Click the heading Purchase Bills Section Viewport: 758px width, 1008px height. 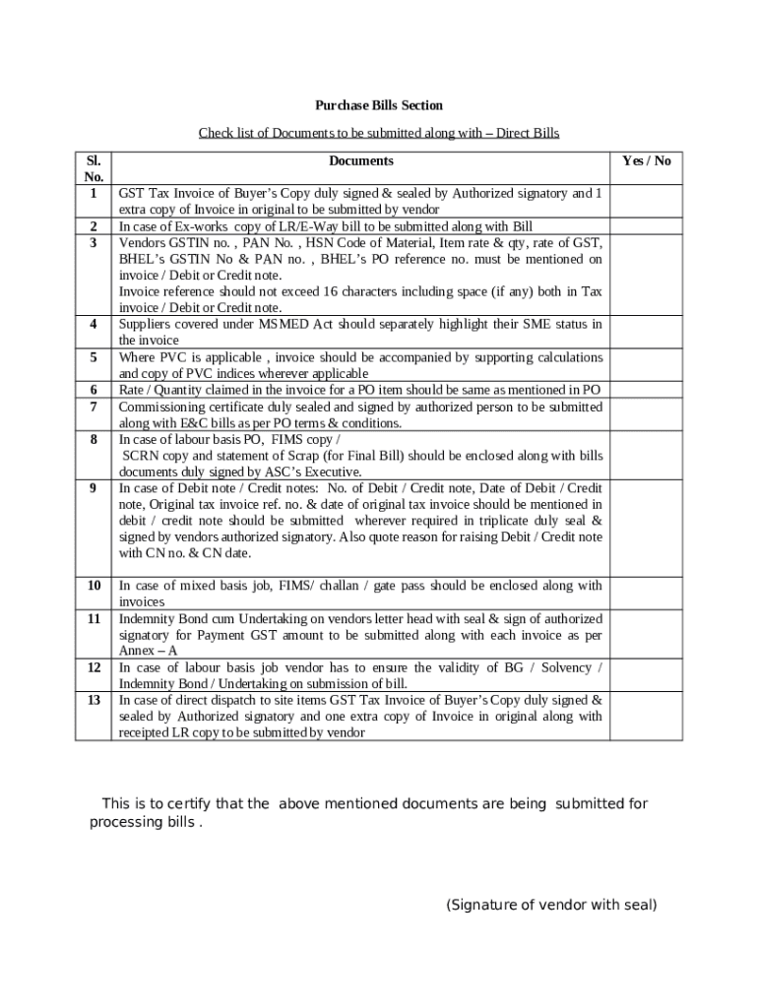(x=379, y=105)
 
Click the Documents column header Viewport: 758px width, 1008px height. (x=360, y=160)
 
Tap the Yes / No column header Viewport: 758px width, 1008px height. (x=647, y=160)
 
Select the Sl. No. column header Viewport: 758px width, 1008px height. (x=94, y=168)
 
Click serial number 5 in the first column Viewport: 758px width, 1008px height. (x=94, y=357)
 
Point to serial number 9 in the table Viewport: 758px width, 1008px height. (x=94, y=488)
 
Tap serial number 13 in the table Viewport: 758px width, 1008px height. (x=94, y=700)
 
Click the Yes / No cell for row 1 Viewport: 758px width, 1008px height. (x=647, y=201)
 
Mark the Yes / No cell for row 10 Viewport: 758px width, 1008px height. (x=647, y=593)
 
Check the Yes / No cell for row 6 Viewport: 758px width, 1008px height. (x=647, y=390)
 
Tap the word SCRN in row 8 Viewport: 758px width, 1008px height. (x=141, y=456)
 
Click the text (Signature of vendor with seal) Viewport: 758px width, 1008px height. (x=551, y=905)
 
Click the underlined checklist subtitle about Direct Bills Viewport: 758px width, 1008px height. (x=379, y=133)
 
